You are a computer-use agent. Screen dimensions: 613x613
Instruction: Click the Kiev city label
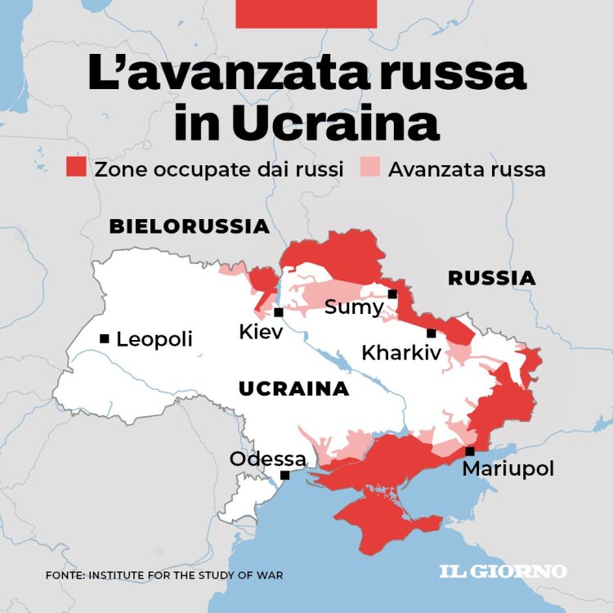coord(261,332)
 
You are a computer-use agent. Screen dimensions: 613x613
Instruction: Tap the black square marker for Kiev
coord(279,312)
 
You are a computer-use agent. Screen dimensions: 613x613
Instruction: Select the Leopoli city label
coord(154,338)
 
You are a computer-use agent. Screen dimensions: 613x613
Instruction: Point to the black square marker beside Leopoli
coord(105,338)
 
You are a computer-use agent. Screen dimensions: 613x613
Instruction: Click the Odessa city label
coord(267,459)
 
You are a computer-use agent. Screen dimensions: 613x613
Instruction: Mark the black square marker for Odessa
coord(285,475)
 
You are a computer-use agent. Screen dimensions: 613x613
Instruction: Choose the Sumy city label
coord(353,307)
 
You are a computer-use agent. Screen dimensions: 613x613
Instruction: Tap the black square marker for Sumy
coord(392,294)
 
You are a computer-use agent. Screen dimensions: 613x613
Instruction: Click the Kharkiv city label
coord(400,353)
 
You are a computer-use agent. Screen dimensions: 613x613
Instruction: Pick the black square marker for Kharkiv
coord(431,333)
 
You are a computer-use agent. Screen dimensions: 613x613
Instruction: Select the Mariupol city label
coord(508,469)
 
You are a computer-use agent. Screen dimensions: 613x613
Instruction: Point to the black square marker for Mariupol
coord(469,451)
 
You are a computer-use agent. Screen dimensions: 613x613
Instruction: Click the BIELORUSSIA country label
coord(189,226)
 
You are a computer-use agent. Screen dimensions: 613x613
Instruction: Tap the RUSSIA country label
coord(491,278)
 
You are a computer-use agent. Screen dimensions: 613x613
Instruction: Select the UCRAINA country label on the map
coord(293,389)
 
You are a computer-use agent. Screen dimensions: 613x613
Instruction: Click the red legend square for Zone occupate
coord(76,168)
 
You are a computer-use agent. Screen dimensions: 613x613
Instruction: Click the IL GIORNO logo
coord(503,570)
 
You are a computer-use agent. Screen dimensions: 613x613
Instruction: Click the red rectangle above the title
coord(306,14)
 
